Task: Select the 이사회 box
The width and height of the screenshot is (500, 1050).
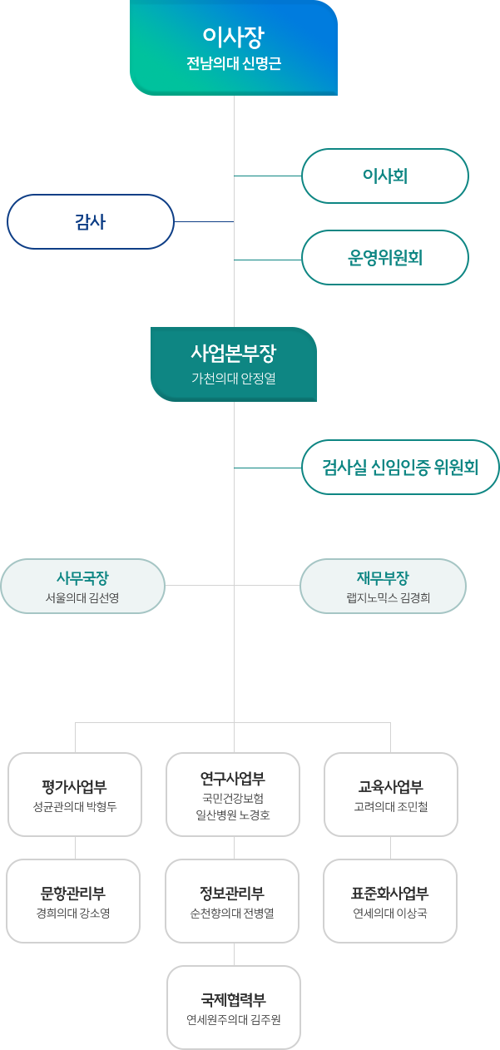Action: pyautogui.click(x=384, y=176)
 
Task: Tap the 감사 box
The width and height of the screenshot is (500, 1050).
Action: pyautogui.click(x=90, y=221)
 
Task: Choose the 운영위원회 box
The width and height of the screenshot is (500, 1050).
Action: pyautogui.click(x=384, y=258)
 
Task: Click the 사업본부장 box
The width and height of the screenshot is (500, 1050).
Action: pyautogui.click(x=233, y=364)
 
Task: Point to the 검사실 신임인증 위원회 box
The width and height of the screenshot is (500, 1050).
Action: pyautogui.click(x=400, y=467)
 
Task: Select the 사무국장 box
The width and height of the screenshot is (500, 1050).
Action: pyautogui.click(x=82, y=586)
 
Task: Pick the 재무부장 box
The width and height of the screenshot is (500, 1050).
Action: pyautogui.click(x=383, y=586)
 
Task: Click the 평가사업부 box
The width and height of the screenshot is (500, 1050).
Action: pyautogui.click(x=74, y=795)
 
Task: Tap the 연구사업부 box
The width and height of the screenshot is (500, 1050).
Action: pyautogui.click(x=233, y=795)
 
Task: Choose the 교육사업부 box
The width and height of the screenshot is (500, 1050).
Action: pyautogui.click(x=390, y=795)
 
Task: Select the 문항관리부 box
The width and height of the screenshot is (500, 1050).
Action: pyautogui.click(x=73, y=901)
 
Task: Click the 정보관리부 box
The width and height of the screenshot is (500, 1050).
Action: pyautogui.click(x=232, y=901)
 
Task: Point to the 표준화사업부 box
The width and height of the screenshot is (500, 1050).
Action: pyautogui.click(x=390, y=901)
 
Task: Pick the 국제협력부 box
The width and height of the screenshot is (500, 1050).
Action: pyautogui.click(x=234, y=1008)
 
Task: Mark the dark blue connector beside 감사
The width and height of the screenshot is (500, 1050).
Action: pyautogui.click(x=203, y=221)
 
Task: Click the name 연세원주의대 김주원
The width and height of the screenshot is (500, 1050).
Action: pyautogui.click(x=234, y=1019)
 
